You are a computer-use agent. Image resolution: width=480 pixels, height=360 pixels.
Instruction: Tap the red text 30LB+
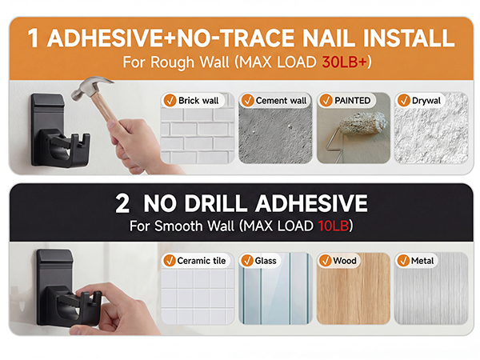click(x=344, y=62)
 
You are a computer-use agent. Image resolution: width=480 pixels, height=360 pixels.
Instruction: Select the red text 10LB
click(x=334, y=226)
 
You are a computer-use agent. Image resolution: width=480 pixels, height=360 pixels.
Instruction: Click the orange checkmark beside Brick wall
click(x=170, y=101)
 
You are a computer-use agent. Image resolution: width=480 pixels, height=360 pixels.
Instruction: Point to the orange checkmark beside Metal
click(x=403, y=261)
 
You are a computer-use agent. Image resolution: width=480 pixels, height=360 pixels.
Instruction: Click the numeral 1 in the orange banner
click(x=33, y=38)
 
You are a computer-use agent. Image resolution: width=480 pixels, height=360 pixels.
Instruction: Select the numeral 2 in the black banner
click(x=122, y=203)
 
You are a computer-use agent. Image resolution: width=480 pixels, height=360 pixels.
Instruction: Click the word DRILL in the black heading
click(x=215, y=203)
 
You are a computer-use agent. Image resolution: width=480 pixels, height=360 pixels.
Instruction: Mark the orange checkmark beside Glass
click(x=247, y=261)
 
